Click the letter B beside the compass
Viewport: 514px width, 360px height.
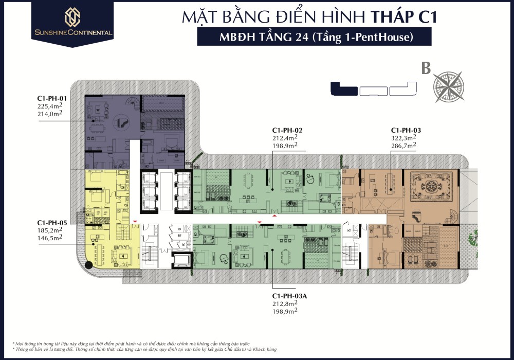[426, 69]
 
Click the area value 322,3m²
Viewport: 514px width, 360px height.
[403, 138]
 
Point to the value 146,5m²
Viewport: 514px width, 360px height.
[50, 238]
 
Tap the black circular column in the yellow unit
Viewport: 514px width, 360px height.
[89, 265]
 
